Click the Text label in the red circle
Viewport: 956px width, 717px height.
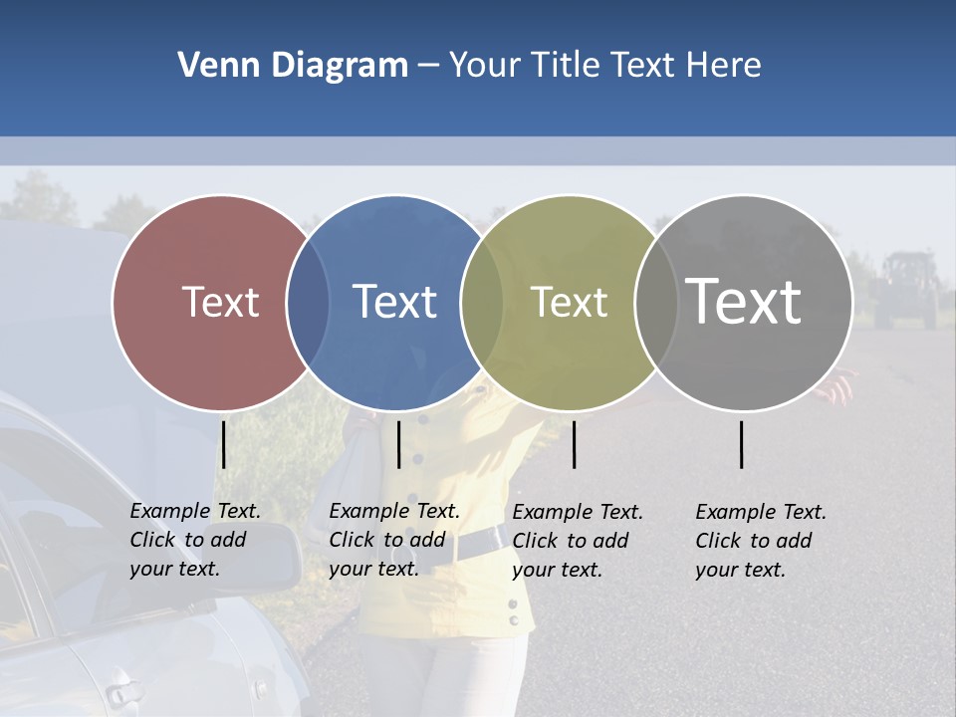click(x=220, y=302)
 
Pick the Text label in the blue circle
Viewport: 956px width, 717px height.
click(x=394, y=302)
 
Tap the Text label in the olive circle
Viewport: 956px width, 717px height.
click(x=569, y=302)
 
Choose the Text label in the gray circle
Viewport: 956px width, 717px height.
click(x=744, y=301)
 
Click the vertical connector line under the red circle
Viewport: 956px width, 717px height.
click(x=224, y=444)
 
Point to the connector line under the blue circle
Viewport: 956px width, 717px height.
click(x=398, y=444)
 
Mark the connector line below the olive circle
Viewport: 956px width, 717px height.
click(x=575, y=444)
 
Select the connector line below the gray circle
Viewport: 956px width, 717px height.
click(x=742, y=444)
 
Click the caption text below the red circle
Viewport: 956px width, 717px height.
click(x=195, y=540)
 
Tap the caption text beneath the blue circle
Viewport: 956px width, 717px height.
click(x=394, y=540)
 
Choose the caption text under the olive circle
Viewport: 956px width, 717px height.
click(x=578, y=541)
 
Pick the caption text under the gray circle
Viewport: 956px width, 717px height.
click(x=761, y=541)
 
